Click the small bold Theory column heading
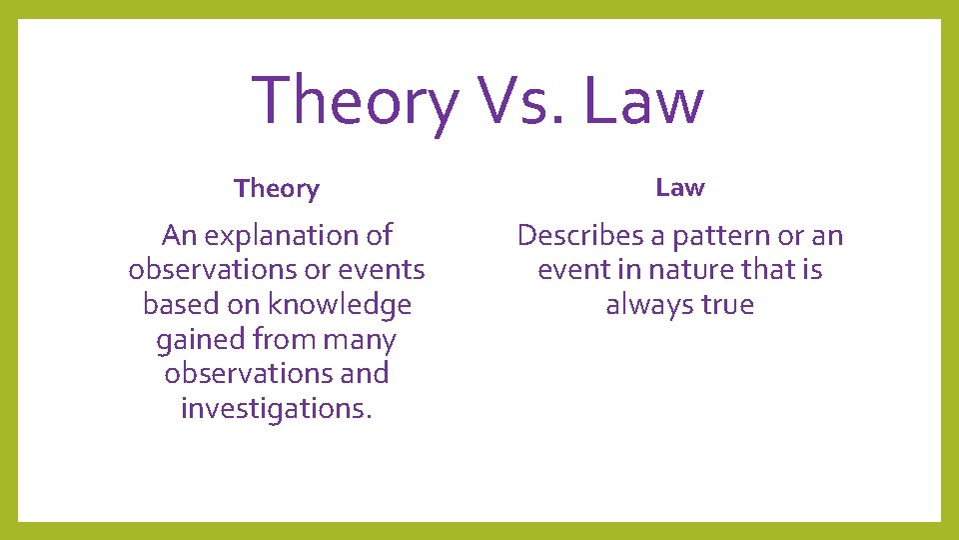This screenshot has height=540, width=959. [277, 189]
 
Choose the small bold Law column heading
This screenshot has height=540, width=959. [680, 187]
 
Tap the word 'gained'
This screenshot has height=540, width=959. [201, 340]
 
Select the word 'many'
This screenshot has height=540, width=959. [361, 340]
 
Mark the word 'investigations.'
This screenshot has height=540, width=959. [277, 409]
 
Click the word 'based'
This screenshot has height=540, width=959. [178, 304]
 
